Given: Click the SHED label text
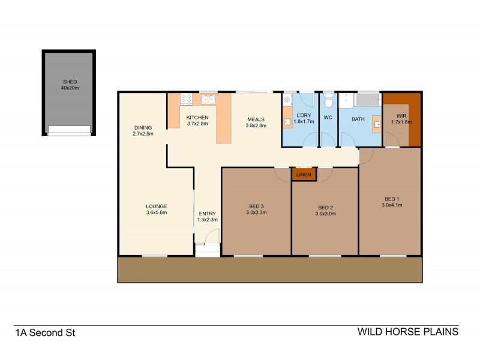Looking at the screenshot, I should [x=69, y=81].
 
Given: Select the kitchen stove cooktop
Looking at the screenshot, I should [x=186, y=98].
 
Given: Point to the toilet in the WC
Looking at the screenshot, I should [x=328, y=98].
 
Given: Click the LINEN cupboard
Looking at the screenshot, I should [x=304, y=175].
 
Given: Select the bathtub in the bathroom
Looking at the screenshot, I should [x=367, y=99].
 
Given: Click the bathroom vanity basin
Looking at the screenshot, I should [x=377, y=125].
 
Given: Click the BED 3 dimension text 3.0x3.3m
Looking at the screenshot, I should [x=256, y=212].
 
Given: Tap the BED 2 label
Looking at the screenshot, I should [x=325, y=206].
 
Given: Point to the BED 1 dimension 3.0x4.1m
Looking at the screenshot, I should [x=392, y=205].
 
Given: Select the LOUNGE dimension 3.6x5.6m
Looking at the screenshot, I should [x=156, y=212].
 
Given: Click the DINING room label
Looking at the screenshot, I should [x=143, y=127].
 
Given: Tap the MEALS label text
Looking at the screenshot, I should [x=255, y=119].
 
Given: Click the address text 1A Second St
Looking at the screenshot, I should [x=45, y=331].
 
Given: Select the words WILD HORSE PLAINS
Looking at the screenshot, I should [x=407, y=331].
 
